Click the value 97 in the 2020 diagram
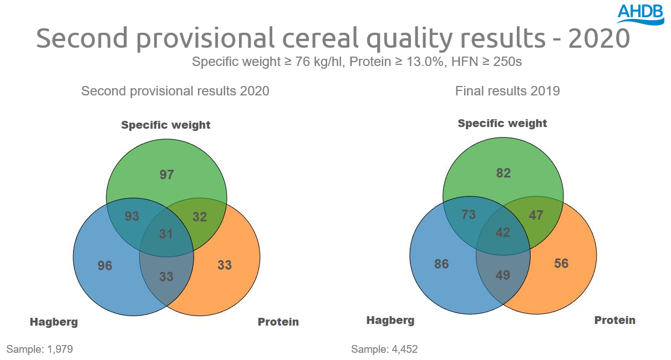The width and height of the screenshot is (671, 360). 166,175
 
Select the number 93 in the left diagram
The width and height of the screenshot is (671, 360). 132,216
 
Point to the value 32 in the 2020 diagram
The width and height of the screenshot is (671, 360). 200,217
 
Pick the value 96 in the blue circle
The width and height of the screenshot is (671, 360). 105,266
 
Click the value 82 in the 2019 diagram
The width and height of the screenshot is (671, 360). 503,174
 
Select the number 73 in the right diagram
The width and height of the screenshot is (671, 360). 469,215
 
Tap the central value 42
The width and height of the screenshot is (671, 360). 503,232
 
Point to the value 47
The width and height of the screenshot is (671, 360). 536,215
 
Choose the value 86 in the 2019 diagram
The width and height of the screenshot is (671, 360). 441,264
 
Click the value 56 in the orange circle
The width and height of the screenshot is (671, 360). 561,263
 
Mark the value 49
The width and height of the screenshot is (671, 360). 503,275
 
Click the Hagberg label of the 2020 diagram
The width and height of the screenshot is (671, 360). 54,322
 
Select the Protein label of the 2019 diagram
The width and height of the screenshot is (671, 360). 615,320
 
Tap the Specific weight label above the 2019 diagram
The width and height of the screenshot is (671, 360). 502,123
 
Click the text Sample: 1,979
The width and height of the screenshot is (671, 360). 39,349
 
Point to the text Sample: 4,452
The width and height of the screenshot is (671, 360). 384,349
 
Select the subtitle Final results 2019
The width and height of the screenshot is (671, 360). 507,91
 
